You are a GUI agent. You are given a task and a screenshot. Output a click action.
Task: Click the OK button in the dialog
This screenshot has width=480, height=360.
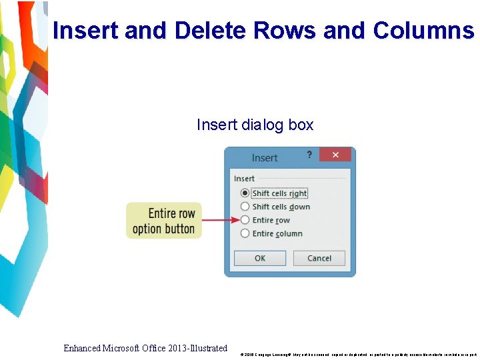click(260, 258)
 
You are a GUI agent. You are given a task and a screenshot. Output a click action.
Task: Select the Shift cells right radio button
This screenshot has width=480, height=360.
click(245, 193)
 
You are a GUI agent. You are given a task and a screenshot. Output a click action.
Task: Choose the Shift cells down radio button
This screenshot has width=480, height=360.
click(245, 207)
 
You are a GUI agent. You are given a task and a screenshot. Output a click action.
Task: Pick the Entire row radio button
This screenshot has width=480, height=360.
click(245, 220)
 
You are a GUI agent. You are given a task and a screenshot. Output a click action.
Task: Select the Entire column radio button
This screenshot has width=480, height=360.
click(245, 233)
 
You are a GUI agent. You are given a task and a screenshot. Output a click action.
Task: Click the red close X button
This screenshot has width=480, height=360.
click(335, 155)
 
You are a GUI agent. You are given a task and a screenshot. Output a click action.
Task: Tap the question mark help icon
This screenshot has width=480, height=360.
click(309, 155)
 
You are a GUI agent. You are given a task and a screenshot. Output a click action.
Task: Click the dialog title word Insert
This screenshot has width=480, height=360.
click(265, 158)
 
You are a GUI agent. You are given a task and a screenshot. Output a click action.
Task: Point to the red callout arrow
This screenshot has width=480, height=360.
click(219, 220)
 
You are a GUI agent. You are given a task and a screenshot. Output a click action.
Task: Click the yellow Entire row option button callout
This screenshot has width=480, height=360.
click(163, 221)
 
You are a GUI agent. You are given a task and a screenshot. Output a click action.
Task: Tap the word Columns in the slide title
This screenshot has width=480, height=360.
click(423, 31)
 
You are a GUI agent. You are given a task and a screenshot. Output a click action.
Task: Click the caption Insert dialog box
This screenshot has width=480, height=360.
click(255, 125)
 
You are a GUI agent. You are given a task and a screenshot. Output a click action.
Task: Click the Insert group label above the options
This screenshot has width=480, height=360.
click(244, 179)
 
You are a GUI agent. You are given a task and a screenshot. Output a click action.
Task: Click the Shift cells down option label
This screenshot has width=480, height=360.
click(281, 207)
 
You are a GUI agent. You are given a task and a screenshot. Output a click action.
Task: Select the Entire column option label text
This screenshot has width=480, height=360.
click(277, 233)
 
